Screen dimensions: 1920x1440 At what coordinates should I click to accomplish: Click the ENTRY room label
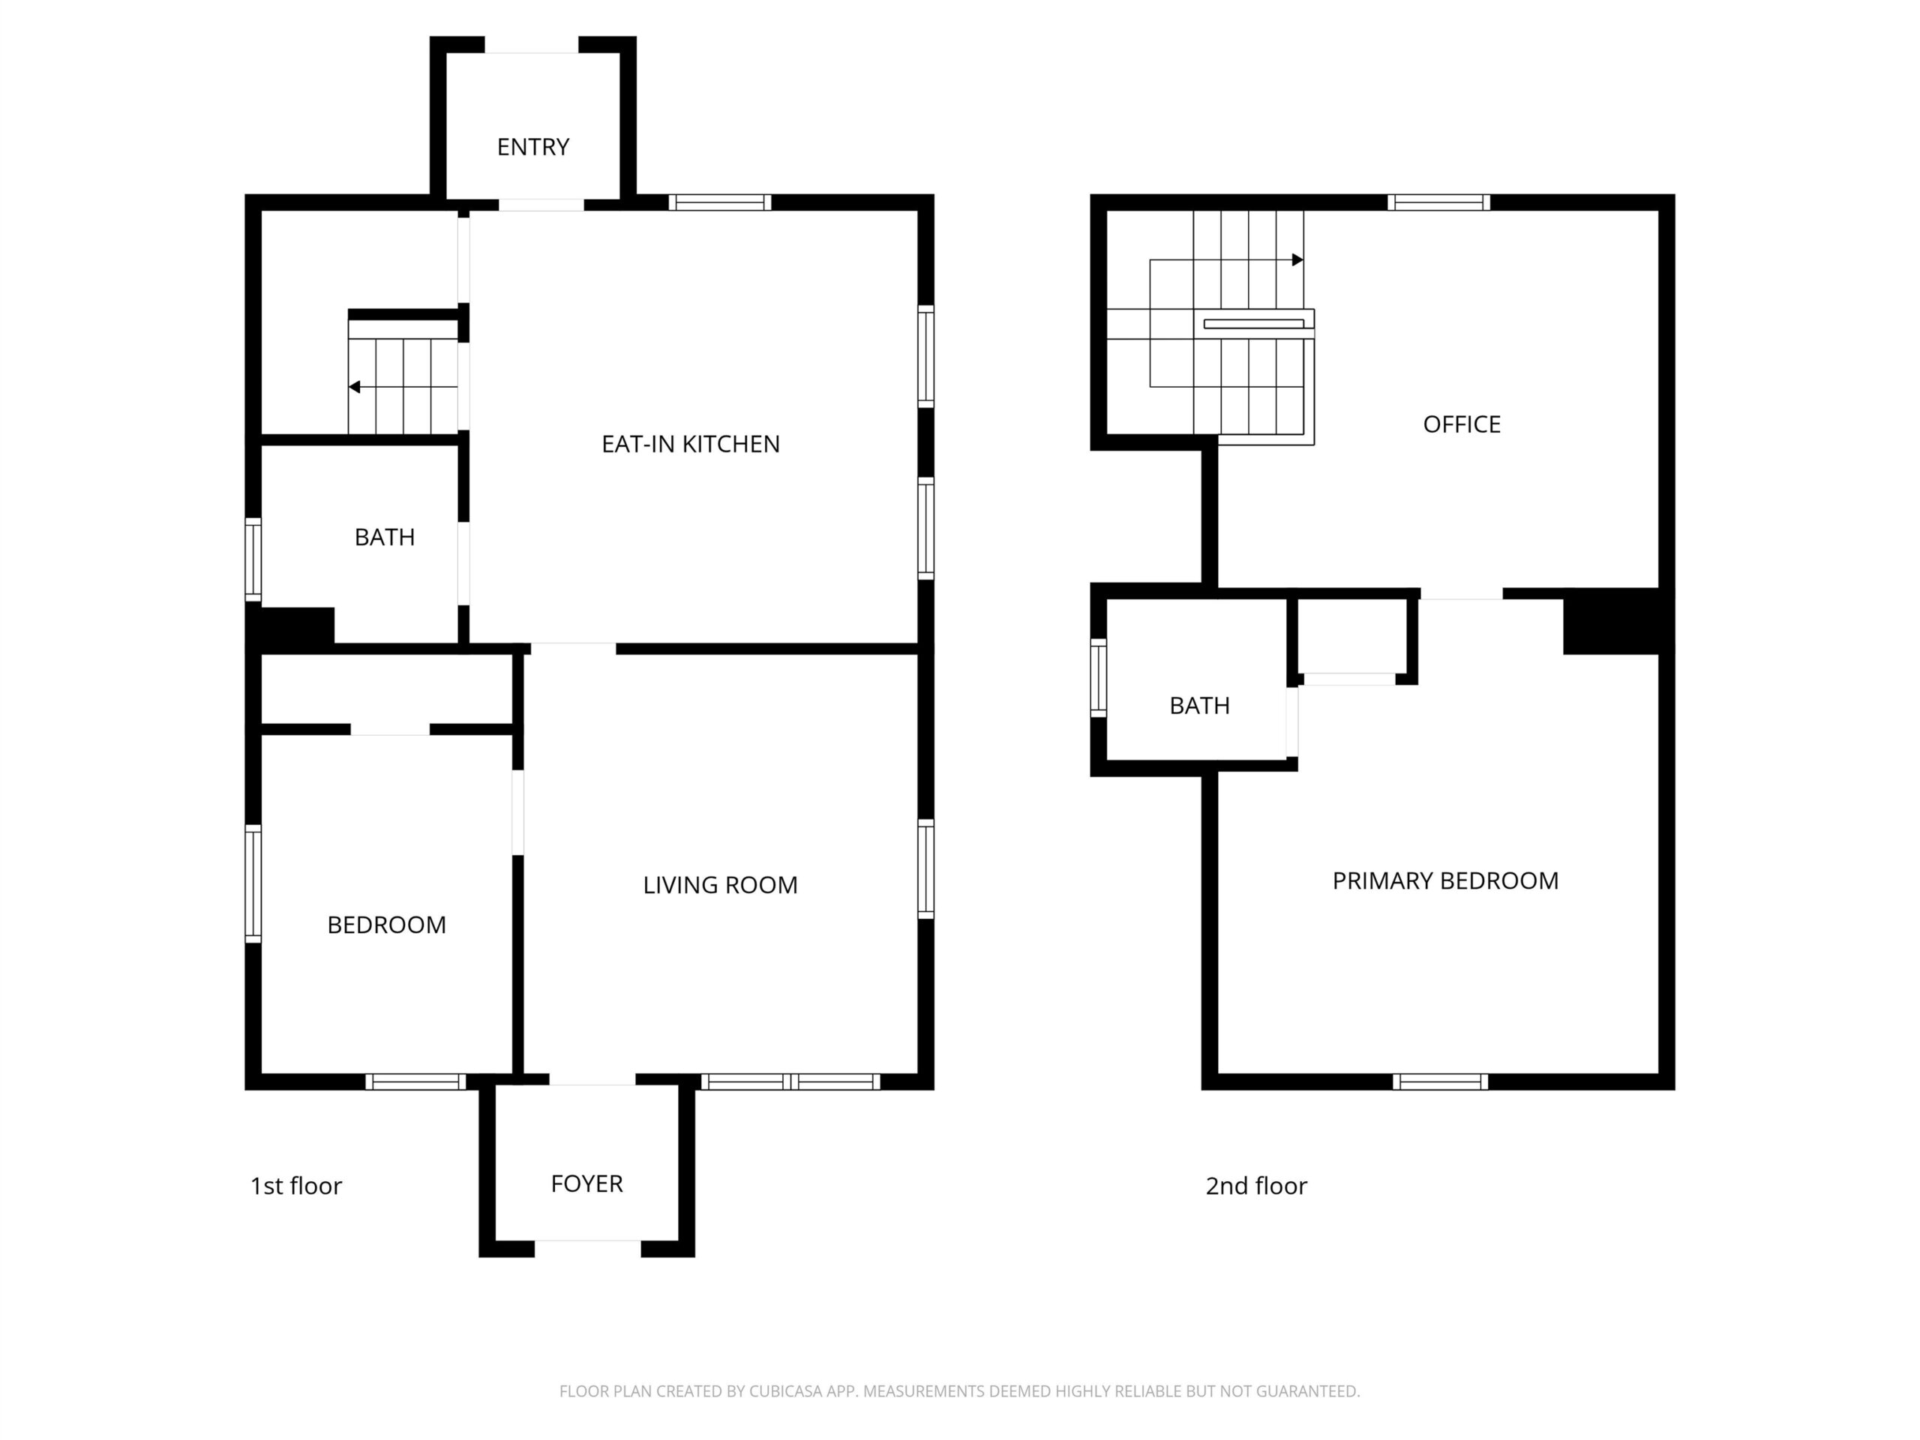click(x=533, y=148)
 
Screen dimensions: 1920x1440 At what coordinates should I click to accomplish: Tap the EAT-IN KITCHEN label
click(x=691, y=445)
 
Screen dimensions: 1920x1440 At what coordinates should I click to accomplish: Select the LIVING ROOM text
click(x=721, y=885)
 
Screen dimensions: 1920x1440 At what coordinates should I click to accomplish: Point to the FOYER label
click(x=586, y=1184)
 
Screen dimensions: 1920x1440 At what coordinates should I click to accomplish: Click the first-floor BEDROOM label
click(x=387, y=925)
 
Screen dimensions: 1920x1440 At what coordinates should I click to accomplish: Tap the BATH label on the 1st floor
click(x=385, y=537)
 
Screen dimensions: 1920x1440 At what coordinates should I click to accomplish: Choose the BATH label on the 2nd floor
click(x=1199, y=706)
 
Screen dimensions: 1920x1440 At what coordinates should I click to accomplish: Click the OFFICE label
click(x=1462, y=424)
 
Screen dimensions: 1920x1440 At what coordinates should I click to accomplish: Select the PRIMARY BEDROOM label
click(x=1445, y=881)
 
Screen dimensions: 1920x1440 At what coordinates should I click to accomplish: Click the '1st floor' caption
click(x=296, y=1186)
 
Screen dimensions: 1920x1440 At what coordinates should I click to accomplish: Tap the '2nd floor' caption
click(x=1256, y=1186)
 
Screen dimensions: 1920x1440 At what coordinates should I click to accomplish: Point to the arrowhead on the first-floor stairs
click(x=354, y=387)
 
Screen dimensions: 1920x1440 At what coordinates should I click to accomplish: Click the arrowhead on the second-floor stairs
click(x=1297, y=259)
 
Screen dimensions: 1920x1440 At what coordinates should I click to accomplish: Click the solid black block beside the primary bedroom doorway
click(x=1612, y=622)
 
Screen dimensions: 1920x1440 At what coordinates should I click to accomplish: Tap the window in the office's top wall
click(x=1438, y=203)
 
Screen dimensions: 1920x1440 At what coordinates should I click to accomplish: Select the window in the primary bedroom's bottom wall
click(x=1441, y=1081)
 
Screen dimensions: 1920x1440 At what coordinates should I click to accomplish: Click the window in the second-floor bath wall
click(x=1099, y=678)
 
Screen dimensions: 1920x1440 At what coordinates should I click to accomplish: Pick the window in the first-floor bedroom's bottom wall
click(x=415, y=1081)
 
